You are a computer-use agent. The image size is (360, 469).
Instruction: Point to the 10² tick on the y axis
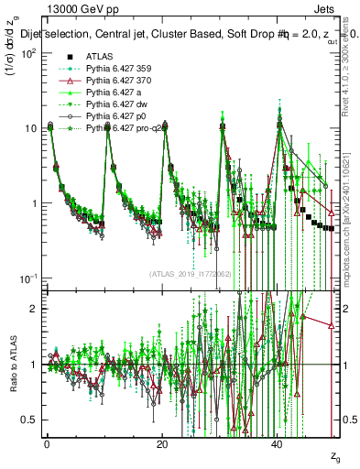tap(27, 52)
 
